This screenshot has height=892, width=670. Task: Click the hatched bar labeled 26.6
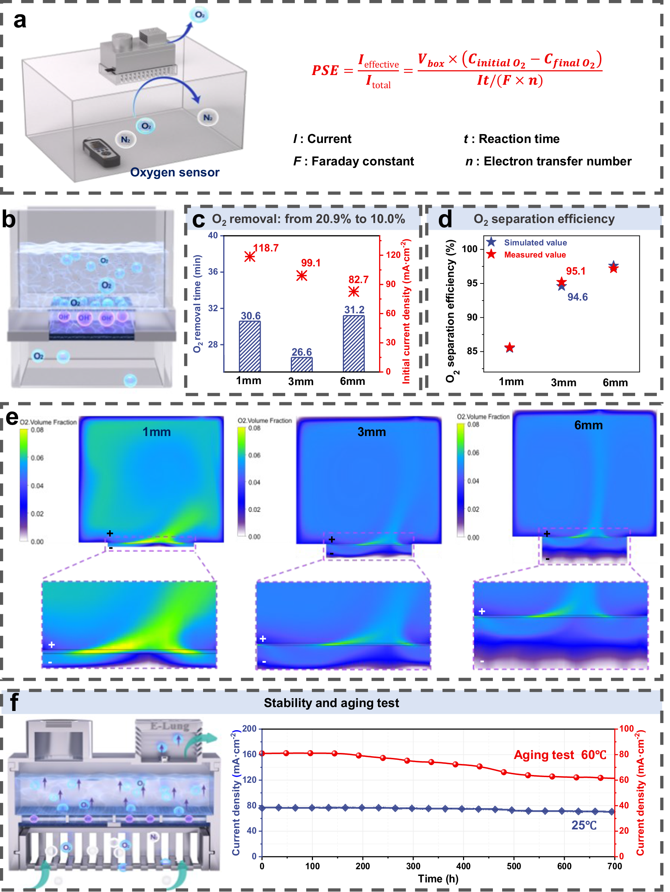click(x=302, y=364)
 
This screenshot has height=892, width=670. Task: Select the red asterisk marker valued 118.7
click(x=250, y=256)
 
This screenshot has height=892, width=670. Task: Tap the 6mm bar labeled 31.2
click(x=353, y=344)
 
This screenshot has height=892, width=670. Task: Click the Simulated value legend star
click(x=491, y=242)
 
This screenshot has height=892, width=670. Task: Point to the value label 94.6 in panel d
click(x=577, y=297)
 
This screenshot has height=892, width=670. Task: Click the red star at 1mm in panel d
click(x=510, y=347)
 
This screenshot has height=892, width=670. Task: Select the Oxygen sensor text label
click(x=175, y=172)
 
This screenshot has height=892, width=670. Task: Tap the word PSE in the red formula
click(x=325, y=70)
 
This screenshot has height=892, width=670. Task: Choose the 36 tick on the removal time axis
click(x=213, y=272)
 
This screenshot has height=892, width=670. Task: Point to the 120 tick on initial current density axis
click(x=393, y=255)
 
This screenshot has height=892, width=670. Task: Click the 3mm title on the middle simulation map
click(x=371, y=432)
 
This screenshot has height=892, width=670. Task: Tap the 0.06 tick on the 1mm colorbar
click(x=37, y=458)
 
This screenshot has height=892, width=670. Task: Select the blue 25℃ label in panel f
click(x=583, y=825)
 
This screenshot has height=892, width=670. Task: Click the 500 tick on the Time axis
click(x=514, y=866)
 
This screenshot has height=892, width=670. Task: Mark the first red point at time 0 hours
click(x=262, y=753)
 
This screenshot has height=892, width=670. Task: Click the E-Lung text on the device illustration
click(x=169, y=726)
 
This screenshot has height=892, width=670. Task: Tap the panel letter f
click(x=14, y=702)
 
